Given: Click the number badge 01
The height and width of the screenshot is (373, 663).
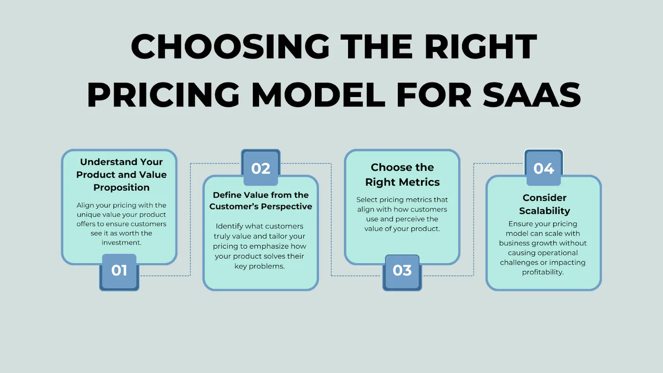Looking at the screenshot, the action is [119, 272].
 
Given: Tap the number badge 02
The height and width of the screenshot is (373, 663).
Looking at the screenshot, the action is [261, 168].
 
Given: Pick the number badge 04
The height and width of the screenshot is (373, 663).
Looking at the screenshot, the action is [544, 168].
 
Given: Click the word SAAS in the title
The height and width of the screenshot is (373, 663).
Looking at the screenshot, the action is [532, 95].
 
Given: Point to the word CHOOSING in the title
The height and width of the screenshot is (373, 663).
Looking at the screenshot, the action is [230, 46].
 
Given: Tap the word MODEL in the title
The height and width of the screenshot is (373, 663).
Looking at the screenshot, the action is [319, 95].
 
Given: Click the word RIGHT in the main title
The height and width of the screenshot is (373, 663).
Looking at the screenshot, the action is [481, 46].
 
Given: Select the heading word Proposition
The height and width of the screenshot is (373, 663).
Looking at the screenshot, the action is [121, 188].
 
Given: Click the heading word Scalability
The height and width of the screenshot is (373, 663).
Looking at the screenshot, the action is [545, 211].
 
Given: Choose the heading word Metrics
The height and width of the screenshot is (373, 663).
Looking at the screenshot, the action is [421, 182].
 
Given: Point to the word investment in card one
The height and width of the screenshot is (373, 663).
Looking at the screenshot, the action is [121, 242].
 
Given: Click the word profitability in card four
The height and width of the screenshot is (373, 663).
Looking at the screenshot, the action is [543, 273].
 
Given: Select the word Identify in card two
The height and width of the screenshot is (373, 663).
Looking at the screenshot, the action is [227, 227].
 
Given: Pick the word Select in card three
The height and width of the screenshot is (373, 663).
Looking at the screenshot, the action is [367, 200].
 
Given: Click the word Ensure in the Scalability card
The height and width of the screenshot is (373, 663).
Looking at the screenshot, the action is [519, 224].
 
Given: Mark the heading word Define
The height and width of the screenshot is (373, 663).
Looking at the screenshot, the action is [226, 195].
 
